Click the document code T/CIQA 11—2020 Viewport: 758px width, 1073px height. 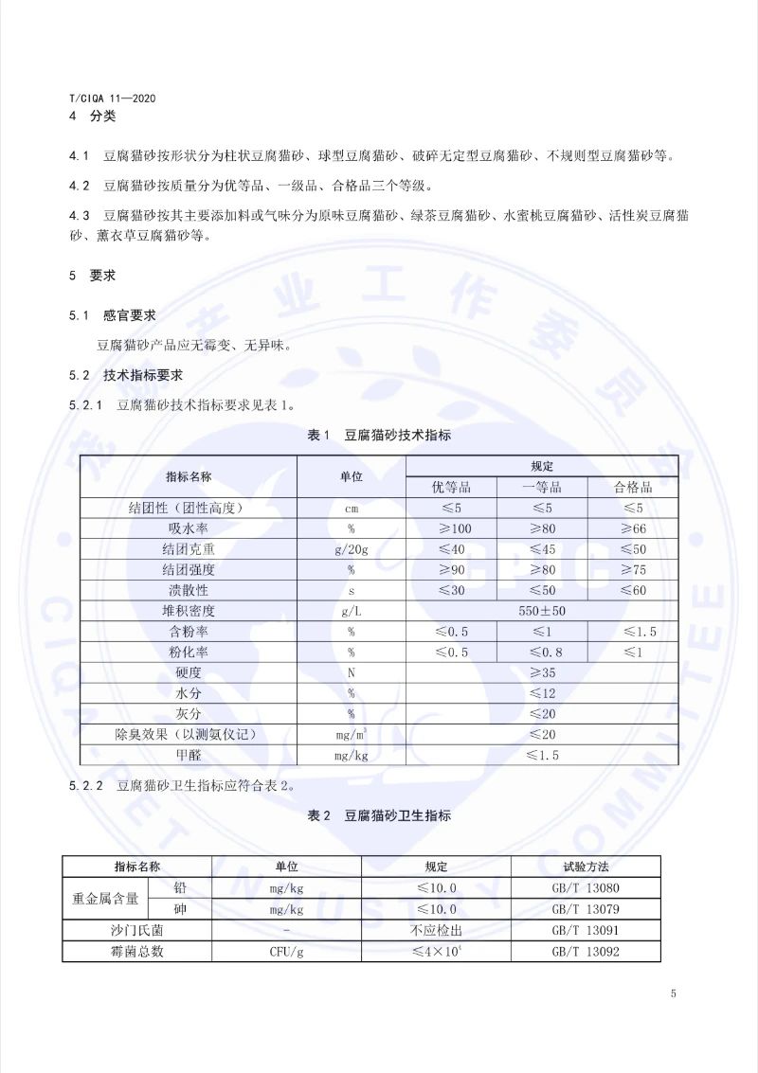(x=113, y=98)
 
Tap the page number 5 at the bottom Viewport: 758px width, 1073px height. (x=673, y=993)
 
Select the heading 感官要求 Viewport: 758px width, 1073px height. (x=129, y=314)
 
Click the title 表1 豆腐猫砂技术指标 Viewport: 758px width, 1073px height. (x=379, y=436)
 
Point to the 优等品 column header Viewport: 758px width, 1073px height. (x=451, y=487)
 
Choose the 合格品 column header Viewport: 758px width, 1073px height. (x=633, y=487)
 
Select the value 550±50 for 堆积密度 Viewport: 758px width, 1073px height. (x=542, y=611)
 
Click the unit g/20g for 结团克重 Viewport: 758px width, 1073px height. (x=351, y=549)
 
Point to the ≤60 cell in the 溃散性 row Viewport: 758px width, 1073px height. (x=633, y=590)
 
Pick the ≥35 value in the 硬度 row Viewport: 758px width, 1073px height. (x=542, y=672)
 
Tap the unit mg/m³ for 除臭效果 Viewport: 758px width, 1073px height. (x=351, y=734)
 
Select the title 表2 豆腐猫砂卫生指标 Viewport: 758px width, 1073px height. (x=379, y=815)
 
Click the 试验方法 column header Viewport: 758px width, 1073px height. (x=586, y=867)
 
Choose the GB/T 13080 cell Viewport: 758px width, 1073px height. (x=586, y=888)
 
